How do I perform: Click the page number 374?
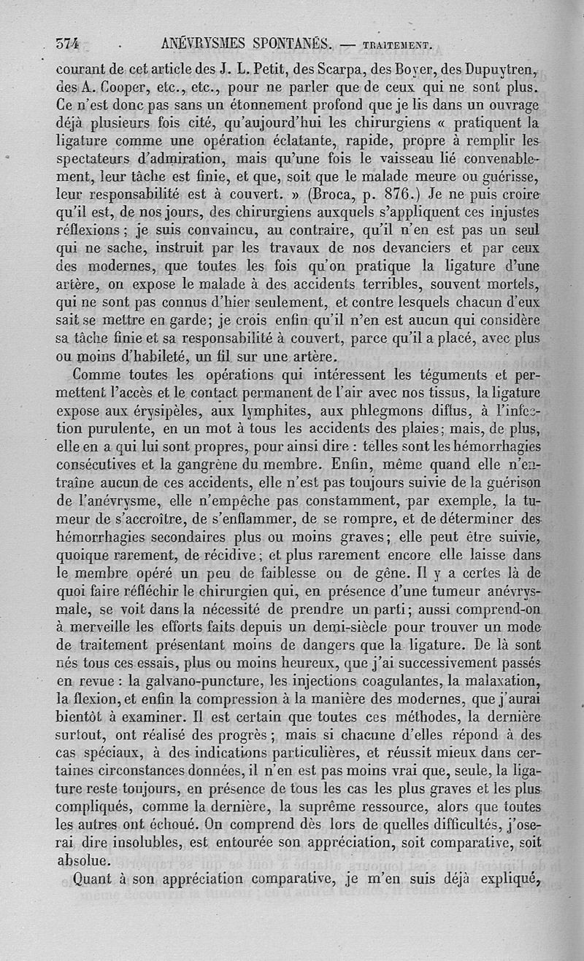pyautogui.click(x=67, y=42)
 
